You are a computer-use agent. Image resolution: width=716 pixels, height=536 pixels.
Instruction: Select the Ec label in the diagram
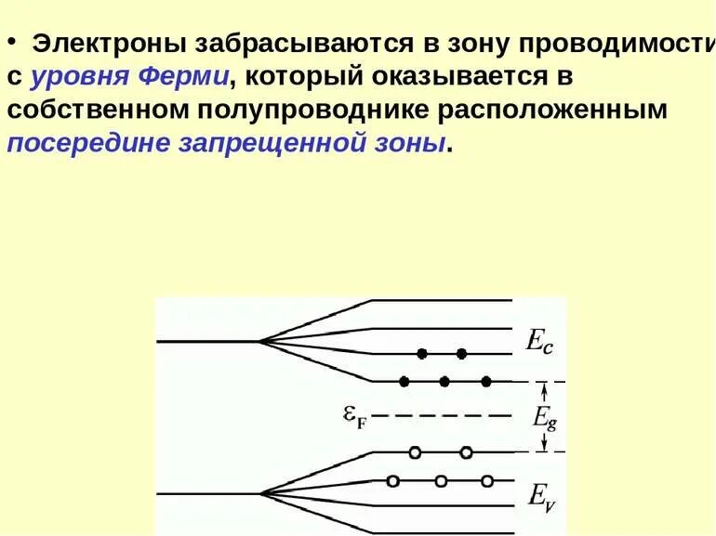click(540, 341)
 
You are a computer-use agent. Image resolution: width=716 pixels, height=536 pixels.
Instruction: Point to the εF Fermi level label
click(354, 417)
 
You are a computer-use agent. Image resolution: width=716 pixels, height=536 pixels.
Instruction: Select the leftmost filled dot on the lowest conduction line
click(404, 381)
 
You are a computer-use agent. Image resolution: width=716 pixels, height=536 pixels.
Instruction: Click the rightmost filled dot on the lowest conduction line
click(485, 381)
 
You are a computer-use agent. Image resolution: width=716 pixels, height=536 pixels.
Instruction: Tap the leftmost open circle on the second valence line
click(393, 481)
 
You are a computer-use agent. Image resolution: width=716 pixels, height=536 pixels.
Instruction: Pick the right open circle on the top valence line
click(467, 452)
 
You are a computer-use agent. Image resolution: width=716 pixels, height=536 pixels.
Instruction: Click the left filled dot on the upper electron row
click(422, 353)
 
